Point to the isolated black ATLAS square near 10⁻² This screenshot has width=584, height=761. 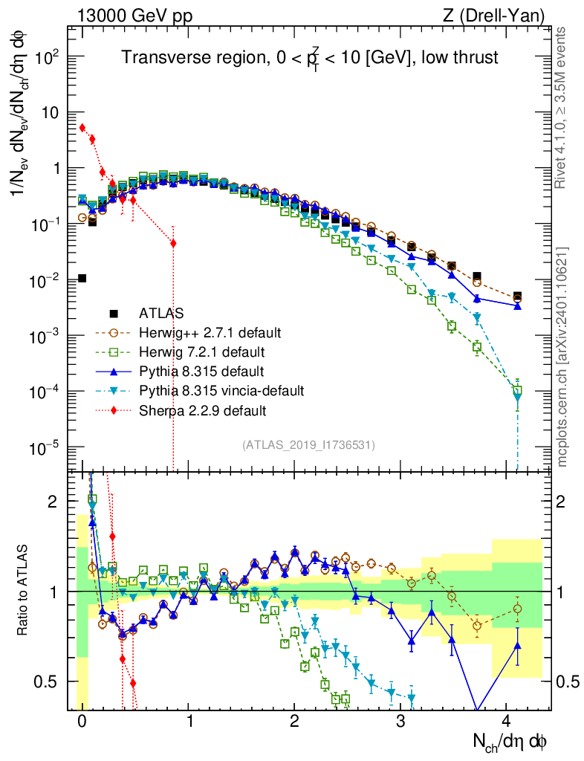82,278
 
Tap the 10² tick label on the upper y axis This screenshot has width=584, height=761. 48,57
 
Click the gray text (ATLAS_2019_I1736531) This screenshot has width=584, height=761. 308,445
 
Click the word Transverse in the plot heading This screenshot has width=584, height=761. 159,58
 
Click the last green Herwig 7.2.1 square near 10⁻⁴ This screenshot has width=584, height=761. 517,390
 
